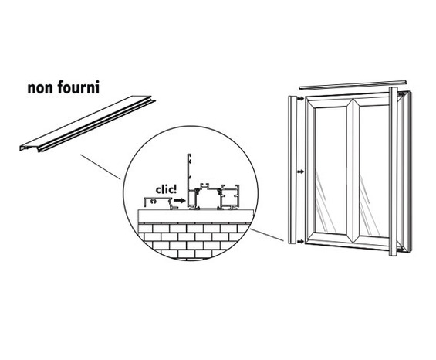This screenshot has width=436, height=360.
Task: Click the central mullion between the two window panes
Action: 353,170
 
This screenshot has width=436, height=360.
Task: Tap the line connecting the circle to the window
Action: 266,231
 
